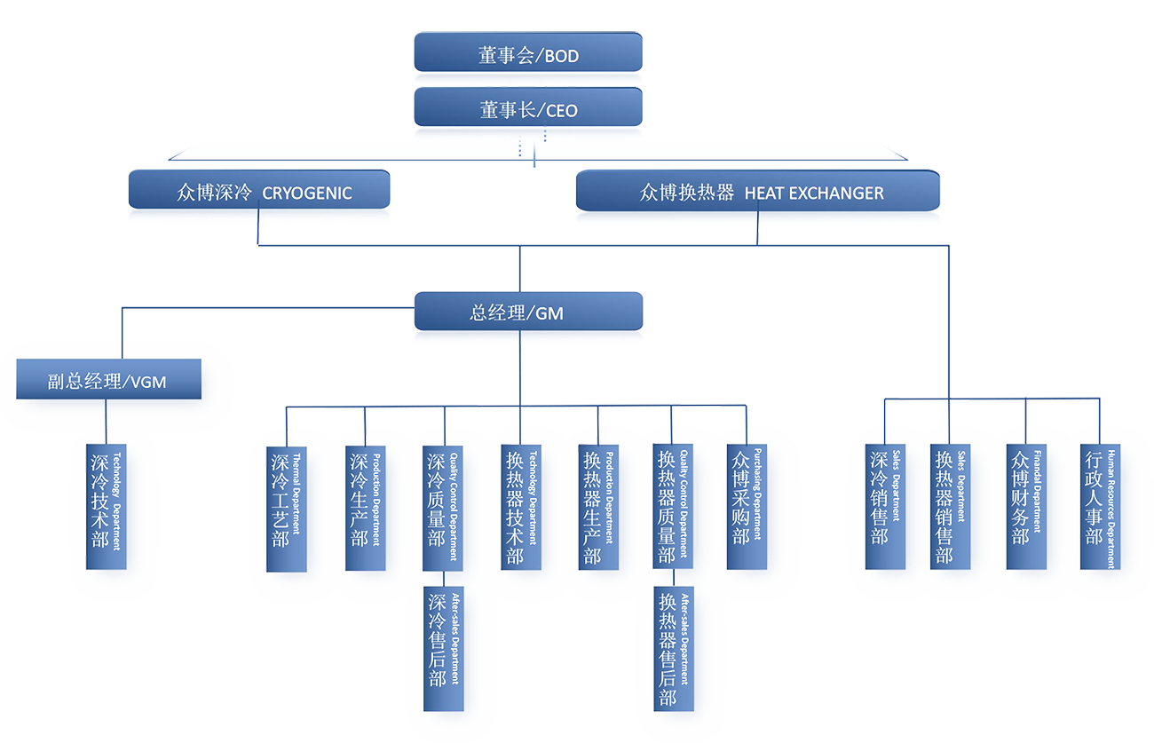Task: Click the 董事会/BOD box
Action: click(528, 53)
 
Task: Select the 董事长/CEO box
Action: click(528, 107)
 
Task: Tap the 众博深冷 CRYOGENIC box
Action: click(259, 190)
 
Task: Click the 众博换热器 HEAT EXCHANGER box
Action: click(757, 190)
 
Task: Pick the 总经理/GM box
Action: click(528, 312)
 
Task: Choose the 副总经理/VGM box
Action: click(108, 380)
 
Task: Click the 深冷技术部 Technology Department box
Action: click(107, 506)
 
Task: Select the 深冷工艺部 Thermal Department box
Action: click(287, 509)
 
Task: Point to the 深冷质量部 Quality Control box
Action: click(442, 507)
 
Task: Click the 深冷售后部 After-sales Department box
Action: click(442, 648)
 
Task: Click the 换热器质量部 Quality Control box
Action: click(672, 506)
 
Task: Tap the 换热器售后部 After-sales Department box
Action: click(673, 648)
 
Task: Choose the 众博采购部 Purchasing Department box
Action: click(746, 506)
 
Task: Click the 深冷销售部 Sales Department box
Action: click(885, 506)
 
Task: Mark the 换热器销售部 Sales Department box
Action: click(949, 506)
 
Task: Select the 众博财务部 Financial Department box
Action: click(1025, 506)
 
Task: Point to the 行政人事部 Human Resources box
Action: click(1099, 506)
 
